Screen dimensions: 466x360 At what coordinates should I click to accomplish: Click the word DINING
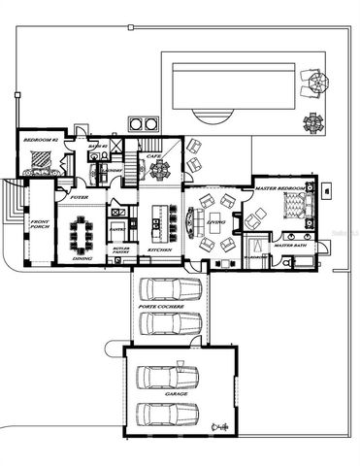click(83, 258)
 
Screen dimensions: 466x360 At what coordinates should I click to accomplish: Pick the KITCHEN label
click(159, 250)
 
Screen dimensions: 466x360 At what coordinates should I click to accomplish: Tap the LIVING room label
click(216, 222)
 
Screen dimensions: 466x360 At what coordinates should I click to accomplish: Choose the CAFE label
click(153, 155)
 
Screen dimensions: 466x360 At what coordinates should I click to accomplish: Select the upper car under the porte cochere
click(169, 290)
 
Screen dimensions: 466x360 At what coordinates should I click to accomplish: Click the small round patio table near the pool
click(313, 121)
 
